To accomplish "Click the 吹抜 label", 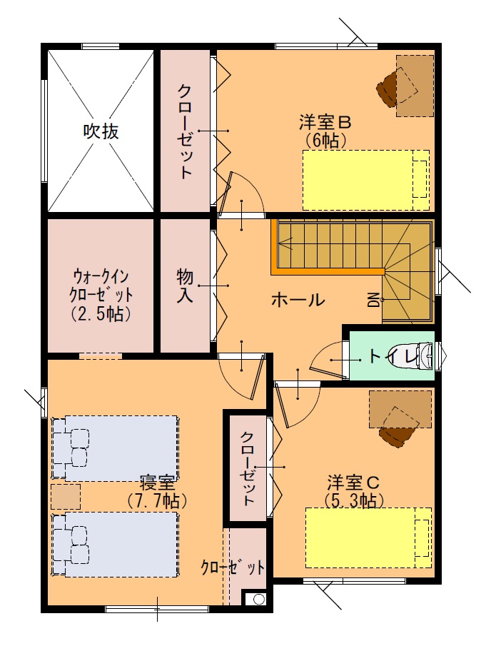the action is click(x=101, y=131).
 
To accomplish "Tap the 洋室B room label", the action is click(x=325, y=123).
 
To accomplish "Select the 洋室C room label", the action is click(x=353, y=483).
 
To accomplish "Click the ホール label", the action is click(x=298, y=299).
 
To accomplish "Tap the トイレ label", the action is click(x=393, y=356).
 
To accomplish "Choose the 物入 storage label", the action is click(x=185, y=286).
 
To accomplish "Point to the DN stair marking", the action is click(x=374, y=299).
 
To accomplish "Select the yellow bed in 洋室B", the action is click(x=366, y=180).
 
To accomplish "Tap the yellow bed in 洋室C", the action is click(x=368, y=538).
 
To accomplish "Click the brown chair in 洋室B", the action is click(x=388, y=87).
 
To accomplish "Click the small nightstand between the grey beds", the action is click(x=66, y=497).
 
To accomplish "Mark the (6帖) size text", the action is click(x=325, y=141).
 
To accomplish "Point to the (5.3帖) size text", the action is click(x=353, y=500).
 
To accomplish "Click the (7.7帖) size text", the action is click(x=157, y=501).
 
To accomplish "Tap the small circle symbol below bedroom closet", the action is click(x=258, y=600).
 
